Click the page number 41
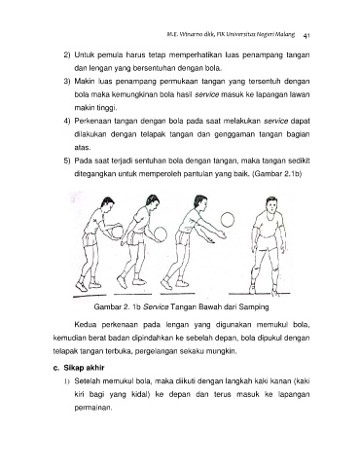[x=306, y=36]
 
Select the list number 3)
[x=67, y=82]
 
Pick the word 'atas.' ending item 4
[x=83, y=148]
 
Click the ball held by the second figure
[x=160, y=233]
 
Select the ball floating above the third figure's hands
[x=228, y=220]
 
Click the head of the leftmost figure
[x=107, y=205]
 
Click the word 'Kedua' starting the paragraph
[x=84, y=325]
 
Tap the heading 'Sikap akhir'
[x=84, y=368]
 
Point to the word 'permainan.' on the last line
[x=93, y=408]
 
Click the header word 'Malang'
[x=285, y=34]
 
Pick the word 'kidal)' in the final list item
[x=140, y=395]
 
